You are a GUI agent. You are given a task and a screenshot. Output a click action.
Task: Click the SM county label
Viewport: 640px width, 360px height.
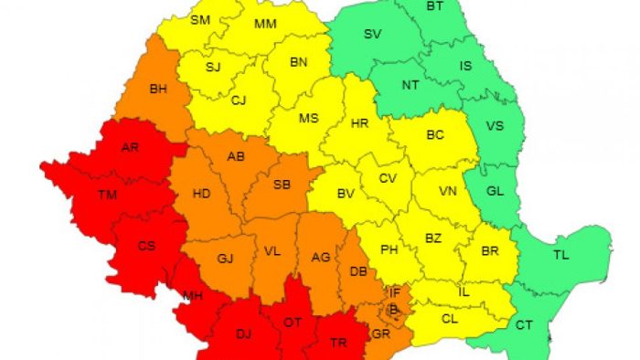coord(199,19)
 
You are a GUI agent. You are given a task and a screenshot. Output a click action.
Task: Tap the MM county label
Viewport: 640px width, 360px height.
coord(266,23)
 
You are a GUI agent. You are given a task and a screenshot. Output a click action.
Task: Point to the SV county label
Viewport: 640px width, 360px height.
coord(372,35)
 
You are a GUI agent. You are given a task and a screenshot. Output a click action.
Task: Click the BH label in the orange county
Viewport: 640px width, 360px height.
coord(158,90)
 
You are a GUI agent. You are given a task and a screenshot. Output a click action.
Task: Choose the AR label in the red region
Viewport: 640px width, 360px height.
coord(130,149)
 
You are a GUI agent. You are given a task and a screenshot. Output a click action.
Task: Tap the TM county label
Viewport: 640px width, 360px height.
coord(108,195)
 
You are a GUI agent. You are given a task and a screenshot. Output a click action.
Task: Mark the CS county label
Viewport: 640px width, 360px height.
coord(146,245)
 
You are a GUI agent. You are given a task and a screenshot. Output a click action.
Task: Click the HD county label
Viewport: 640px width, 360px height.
coord(202,194)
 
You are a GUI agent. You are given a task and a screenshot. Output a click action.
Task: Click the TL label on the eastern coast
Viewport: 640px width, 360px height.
coord(561,255)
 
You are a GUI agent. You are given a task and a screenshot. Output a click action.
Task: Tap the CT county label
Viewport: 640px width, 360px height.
coord(524,325)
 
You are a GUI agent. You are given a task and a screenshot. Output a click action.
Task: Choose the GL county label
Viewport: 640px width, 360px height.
coord(495,191)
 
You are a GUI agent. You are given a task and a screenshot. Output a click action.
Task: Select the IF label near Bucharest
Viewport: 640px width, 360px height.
coord(395,292)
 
